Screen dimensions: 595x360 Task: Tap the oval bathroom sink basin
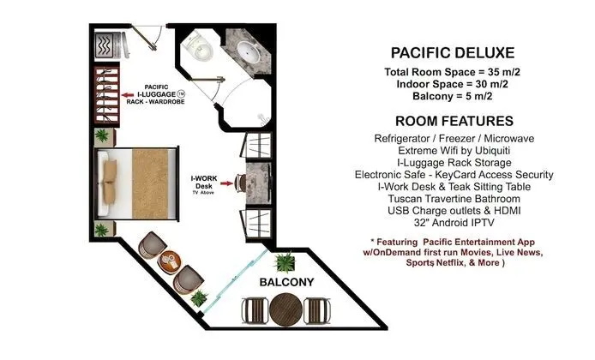tap(249, 51)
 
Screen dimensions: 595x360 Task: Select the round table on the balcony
tap(285, 309)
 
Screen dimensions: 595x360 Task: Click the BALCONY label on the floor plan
tap(286, 282)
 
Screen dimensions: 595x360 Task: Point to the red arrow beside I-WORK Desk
tap(227, 183)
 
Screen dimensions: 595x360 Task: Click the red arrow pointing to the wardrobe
tap(128, 95)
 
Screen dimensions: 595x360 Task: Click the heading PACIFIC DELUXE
tap(453, 53)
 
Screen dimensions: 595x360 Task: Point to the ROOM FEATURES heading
tap(454, 121)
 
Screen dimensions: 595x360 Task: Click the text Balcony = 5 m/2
tap(453, 96)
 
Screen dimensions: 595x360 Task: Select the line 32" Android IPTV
tap(454, 222)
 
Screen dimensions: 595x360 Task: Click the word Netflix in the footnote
tap(450, 262)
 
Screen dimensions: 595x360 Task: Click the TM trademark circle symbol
tap(181, 93)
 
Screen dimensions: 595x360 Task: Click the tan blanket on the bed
tap(150, 183)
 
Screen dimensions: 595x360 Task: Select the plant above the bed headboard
tap(102, 135)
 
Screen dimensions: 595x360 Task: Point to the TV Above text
tap(203, 193)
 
